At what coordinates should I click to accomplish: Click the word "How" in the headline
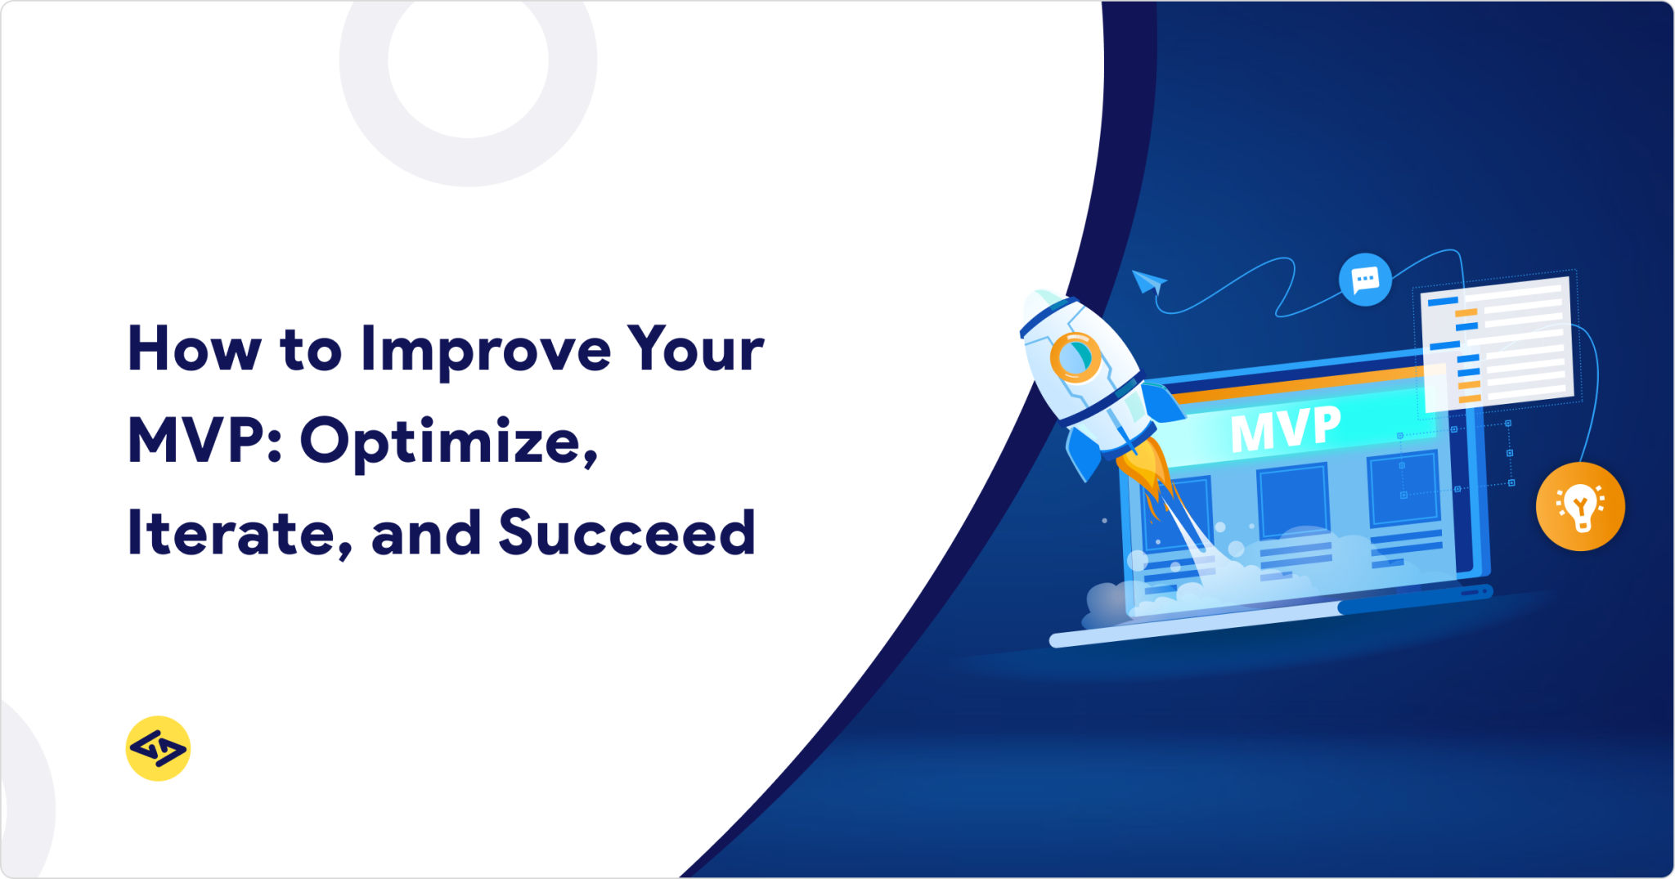click(194, 350)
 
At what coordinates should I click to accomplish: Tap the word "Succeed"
click(626, 534)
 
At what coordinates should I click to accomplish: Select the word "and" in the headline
click(425, 534)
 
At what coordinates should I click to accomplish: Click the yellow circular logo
click(158, 748)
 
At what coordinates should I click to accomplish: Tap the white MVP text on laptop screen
click(1285, 428)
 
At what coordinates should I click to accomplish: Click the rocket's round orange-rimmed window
click(1075, 357)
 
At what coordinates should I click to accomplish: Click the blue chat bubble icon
click(1365, 280)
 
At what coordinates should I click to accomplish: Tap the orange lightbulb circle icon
click(1580, 506)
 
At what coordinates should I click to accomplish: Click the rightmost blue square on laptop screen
click(1403, 488)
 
